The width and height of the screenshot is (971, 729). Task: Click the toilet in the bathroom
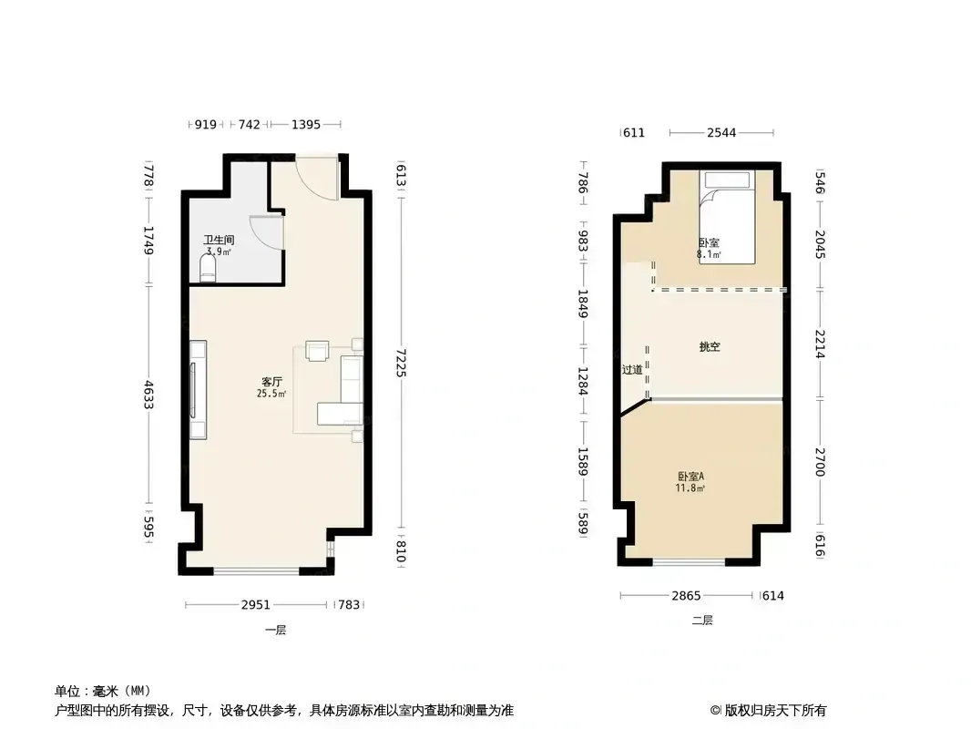pos(208,268)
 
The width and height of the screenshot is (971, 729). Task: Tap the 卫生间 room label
pos(219,240)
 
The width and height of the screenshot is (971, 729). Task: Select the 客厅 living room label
pos(271,382)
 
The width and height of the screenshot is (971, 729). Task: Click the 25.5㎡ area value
pos(271,394)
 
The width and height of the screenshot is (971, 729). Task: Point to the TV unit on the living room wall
pos(198,390)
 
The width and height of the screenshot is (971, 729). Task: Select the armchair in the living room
pos(317,351)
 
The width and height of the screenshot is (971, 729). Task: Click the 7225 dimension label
pos(401,363)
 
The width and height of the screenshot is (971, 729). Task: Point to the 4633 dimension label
pos(148,394)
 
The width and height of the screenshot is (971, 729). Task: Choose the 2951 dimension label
pos(255,604)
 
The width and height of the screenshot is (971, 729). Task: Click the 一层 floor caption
pos(276,630)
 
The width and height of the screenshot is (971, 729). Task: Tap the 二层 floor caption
pos(702,620)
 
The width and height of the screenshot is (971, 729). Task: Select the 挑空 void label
pos(710,347)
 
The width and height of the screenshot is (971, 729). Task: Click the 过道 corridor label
pos(632,370)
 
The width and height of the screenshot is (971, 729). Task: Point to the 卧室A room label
pos(690,477)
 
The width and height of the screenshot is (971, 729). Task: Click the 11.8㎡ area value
pos(690,488)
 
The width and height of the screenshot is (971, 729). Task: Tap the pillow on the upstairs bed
pos(727,180)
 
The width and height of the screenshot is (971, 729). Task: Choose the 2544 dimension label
pos(721,132)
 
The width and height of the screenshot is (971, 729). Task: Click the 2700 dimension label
pos(820,462)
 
